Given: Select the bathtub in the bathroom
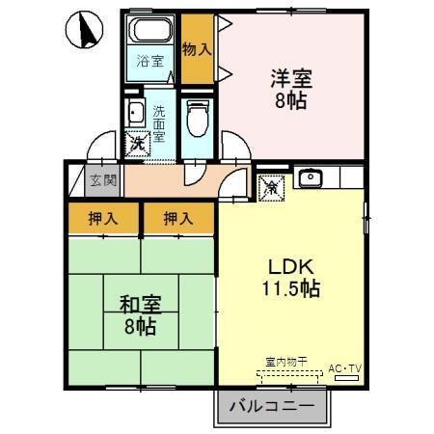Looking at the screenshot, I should tap(150, 32).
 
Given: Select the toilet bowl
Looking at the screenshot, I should tap(199, 120).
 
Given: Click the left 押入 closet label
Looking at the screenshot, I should tap(105, 219).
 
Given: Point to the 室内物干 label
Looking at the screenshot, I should tap(286, 361).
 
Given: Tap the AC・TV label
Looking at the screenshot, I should tap(344, 369).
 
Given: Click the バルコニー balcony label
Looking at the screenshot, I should tap(272, 406).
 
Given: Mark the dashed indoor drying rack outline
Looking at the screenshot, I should tap(286, 373).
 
